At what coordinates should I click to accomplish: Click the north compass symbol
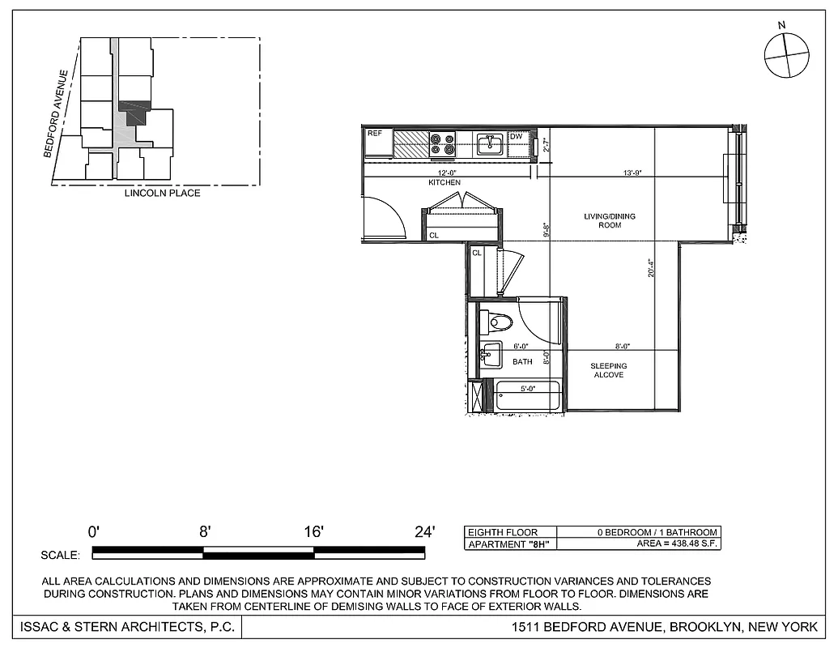tap(786, 56)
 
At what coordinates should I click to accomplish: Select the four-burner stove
tap(442, 144)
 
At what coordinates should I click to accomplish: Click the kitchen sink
tap(490, 145)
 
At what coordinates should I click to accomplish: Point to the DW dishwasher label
tap(516, 136)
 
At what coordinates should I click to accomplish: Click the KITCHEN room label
tap(445, 183)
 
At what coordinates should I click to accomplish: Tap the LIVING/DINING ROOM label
tap(610, 220)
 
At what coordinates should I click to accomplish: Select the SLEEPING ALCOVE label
tap(608, 370)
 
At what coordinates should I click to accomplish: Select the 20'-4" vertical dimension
tap(650, 267)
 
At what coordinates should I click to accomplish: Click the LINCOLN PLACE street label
tap(162, 194)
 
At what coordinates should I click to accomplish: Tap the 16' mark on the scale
tap(313, 532)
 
